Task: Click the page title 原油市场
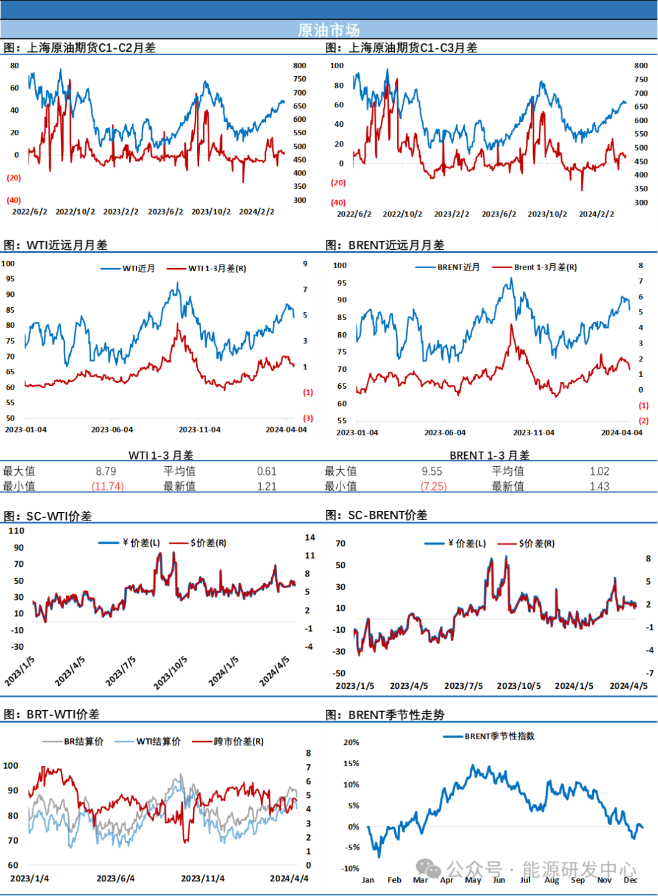[329, 30]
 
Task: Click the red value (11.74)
[108, 486]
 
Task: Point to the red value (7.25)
[434, 486]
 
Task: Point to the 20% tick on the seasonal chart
[351, 742]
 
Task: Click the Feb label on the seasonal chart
[394, 880]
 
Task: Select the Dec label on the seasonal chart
[631, 880]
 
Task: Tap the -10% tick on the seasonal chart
[350, 869]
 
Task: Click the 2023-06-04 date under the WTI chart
[112, 430]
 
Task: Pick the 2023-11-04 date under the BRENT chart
[534, 433]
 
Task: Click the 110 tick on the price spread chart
[16, 531]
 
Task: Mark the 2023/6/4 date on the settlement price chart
[116, 878]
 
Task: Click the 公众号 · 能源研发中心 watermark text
[541, 870]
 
